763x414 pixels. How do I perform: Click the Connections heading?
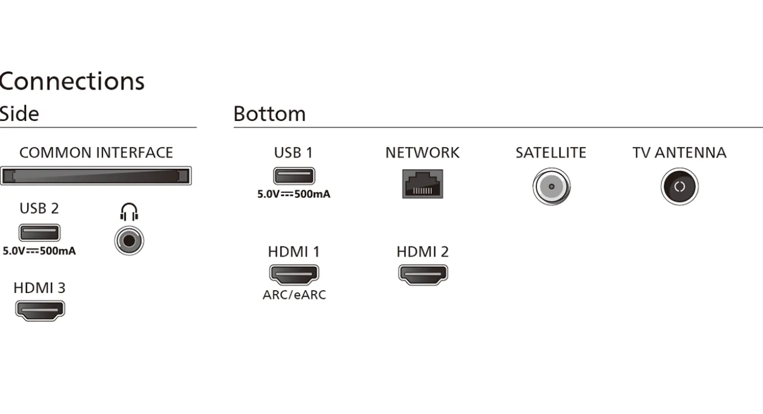pyautogui.click(x=72, y=82)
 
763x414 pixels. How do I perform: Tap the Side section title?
pyautogui.click(x=19, y=114)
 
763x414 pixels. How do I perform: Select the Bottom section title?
pyautogui.click(x=269, y=114)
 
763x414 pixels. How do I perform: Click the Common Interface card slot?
pyautogui.click(x=96, y=176)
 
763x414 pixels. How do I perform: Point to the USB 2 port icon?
pyautogui.click(x=39, y=232)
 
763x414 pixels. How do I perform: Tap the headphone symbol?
pyautogui.click(x=129, y=212)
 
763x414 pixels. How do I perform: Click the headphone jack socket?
pyautogui.click(x=129, y=241)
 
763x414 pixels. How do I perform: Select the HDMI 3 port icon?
pyautogui.click(x=40, y=310)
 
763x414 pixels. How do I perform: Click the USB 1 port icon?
pyautogui.click(x=294, y=176)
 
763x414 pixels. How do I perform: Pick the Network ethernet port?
pyautogui.click(x=422, y=184)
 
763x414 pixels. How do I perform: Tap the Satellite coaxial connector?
pyautogui.click(x=551, y=187)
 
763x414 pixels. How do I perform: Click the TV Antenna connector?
pyautogui.click(x=679, y=187)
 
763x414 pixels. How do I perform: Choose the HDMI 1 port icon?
pyautogui.click(x=294, y=275)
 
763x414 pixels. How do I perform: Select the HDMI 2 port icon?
pyautogui.click(x=423, y=275)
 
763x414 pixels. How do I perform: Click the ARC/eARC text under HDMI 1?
pyautogui.click(x=295, y=295)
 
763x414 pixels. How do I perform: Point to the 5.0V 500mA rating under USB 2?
pyautogui.click(x=39, y=251)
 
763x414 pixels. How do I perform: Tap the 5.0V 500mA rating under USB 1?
pyautogui.click(x=293, y=194)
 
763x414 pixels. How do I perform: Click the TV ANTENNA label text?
pyautogui.click(x=679, y=153)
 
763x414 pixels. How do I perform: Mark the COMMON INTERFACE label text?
pyautogui.click(x=96, y=153)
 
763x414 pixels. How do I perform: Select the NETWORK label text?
pyautogui.click(x=422, y=153)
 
